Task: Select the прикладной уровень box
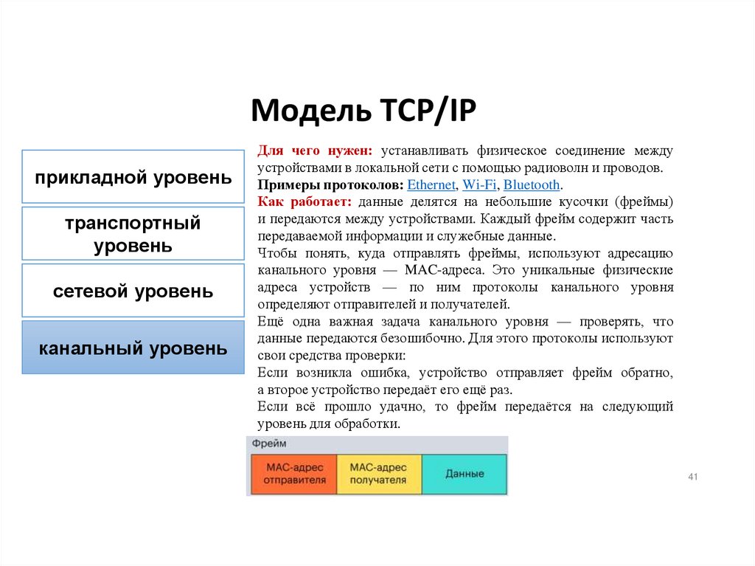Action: (x=133, y=177)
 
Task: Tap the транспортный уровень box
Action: (x=133, y=234)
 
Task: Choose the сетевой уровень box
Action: (x=133, y=291)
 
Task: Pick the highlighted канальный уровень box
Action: (x=133, y=348)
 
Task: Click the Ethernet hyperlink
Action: (x=431, y=185)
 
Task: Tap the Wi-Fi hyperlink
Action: (x=479, y=185)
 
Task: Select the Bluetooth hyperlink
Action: (x=532, y=185)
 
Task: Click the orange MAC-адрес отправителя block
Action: (x=293, y=474)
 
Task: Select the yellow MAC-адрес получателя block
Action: (x=378, y=474)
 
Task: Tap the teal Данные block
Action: (x=465, y=474)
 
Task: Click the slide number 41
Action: (x=692, y=477)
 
